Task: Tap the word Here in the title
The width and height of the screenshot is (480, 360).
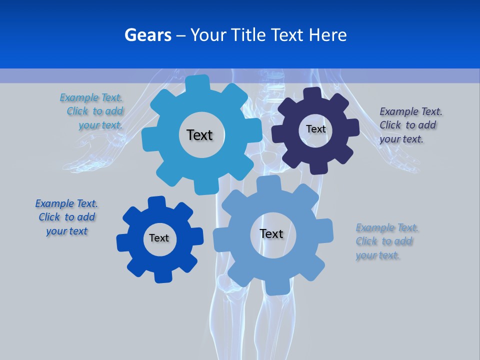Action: [x=327, y=35]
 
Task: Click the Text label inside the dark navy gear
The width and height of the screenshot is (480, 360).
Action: [x=315, y=129]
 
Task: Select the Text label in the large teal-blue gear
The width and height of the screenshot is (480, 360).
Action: [x=199, y=135]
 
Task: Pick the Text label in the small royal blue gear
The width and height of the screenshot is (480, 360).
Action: [x=159, y=238]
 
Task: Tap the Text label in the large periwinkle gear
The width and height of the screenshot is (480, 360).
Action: [x=271, y=233]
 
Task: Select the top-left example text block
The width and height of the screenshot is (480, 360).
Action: [x=92, y=111]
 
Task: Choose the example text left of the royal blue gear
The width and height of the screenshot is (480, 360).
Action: [x=67, y=217]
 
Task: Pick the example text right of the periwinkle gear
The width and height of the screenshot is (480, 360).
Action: [x=386, y=241]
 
